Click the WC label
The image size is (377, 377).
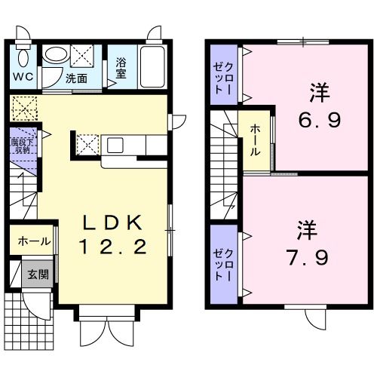[22, 77]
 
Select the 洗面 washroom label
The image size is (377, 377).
[75, 78]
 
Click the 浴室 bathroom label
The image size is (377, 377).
[121, 69]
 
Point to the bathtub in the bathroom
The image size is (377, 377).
[152, 68]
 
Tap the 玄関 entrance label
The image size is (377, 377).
[38, 274]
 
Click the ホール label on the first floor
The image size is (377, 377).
[34, 242]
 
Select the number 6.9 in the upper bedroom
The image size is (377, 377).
[314, 120]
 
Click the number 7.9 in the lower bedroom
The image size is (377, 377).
[308, 259]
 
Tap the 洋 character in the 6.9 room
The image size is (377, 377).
[314, 94]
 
